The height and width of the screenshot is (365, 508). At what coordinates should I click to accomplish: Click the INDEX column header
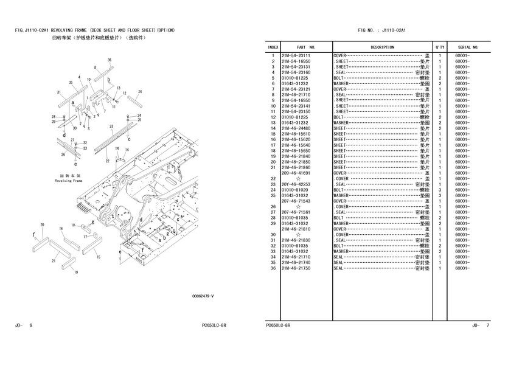tap(273, 47)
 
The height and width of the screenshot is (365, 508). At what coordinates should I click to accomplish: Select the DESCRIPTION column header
tap(382, 47)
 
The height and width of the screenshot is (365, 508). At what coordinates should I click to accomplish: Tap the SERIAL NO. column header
tap(468, 47)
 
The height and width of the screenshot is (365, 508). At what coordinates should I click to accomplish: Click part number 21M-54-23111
tap(296, 56)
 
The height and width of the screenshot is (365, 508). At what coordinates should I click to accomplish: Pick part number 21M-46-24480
tap(296, 128)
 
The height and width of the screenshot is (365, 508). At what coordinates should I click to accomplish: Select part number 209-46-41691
tap(296, 173)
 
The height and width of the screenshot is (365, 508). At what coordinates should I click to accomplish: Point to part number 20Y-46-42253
tap(296, 184)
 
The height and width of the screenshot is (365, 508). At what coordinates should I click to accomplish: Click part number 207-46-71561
tap(296, 212)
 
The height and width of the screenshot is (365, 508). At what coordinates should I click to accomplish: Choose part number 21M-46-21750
tap(296, 268)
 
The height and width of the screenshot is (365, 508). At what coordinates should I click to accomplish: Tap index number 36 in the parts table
tap(274, 268)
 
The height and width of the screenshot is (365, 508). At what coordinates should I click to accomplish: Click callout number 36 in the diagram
tap(110, 60)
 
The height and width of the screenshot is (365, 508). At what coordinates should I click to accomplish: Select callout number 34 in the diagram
tap(139, 92)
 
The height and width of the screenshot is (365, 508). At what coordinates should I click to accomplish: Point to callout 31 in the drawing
tap(58, 92)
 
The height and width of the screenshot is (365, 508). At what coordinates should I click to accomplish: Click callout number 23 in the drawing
tap(111, 126)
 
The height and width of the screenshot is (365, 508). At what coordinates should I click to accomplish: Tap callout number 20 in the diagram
tap(42, 224)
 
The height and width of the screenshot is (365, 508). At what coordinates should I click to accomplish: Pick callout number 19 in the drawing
tap(76, 273)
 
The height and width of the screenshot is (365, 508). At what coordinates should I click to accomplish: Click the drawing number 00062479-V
tap(203, 296)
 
